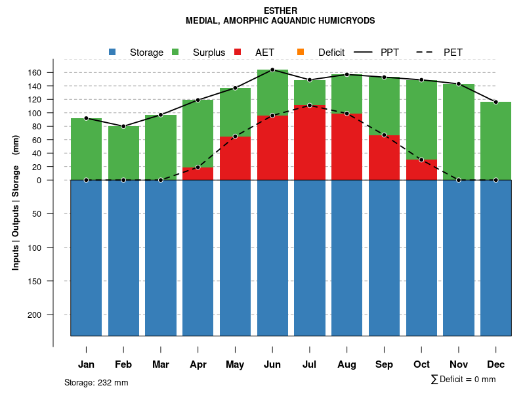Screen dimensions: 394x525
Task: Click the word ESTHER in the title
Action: (x=280, y=11)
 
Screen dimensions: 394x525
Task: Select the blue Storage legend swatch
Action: (x=112, y=52)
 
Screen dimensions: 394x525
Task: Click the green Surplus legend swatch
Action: (x=175, y=52)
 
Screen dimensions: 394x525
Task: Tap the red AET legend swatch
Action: (x=238, y=52)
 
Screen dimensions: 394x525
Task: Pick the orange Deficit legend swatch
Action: (x=301, y=52)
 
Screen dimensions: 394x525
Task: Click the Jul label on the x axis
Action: (x=310, y=364)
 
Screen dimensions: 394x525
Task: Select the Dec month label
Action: (x=495, y=364)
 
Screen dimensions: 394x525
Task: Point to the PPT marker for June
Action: (x=272, y=70)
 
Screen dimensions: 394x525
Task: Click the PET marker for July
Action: (x=310, y=105)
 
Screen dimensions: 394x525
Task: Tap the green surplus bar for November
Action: (x=459, y=131)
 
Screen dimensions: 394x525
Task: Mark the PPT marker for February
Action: (x=123, y=126)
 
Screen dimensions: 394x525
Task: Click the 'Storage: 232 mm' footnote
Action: (x=96, y=383)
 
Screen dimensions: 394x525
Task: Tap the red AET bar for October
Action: (x=421, y=169)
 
